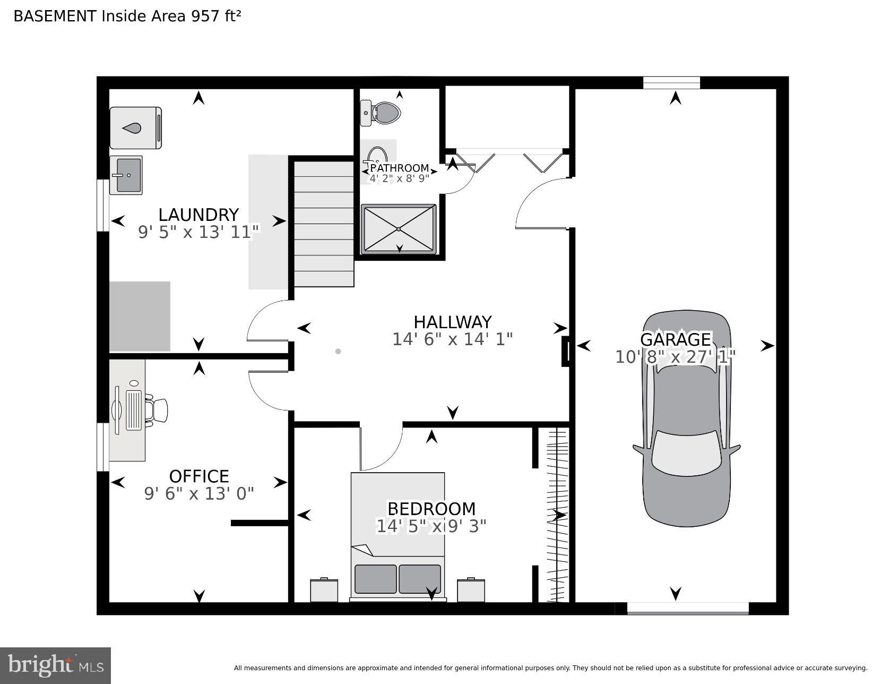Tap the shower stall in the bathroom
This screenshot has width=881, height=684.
(399, 229)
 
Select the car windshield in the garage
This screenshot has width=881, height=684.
(686, 452)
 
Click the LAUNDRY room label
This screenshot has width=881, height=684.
(198, 215)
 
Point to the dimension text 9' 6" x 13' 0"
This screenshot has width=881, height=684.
(199, 494)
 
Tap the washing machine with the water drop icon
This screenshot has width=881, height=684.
(135, 128)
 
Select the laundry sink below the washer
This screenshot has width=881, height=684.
(126, 175)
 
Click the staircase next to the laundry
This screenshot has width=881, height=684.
(324, 224)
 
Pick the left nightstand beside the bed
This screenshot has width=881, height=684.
(324, 591)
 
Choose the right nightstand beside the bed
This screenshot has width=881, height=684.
(471, 591)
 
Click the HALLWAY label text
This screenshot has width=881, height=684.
(452, 322)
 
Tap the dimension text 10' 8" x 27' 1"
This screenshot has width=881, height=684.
(675, 357)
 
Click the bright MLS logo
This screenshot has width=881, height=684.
(55, 665)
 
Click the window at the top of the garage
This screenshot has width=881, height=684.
(671, 83)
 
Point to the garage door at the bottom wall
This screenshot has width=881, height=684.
(687, 609)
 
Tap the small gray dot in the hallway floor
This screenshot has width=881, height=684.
(338, 351)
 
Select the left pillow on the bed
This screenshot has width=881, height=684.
(375, 579)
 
